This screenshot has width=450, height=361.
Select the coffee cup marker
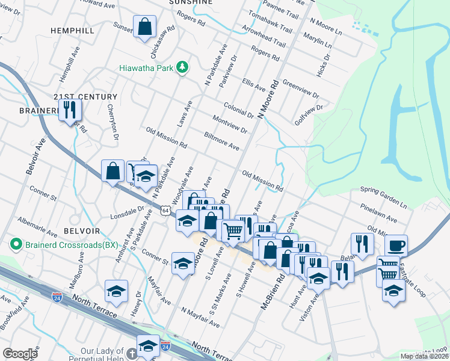(x=395, y=245)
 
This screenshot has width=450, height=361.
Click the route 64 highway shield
(x=165, y=210)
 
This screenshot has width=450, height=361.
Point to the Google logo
(x=20, y=353)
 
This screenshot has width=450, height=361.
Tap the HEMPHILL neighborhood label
(x=72, y=30)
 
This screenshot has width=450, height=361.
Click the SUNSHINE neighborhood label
(x=191, y=2)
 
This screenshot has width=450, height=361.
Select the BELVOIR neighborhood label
(x=76, y=231)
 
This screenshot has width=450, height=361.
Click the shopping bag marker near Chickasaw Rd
(x=145, y=27)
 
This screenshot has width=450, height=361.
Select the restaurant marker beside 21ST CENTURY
(x=70, y=110)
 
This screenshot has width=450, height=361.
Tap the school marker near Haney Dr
(x=116, y=291)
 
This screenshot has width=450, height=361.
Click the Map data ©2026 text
(x=424, y=356)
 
